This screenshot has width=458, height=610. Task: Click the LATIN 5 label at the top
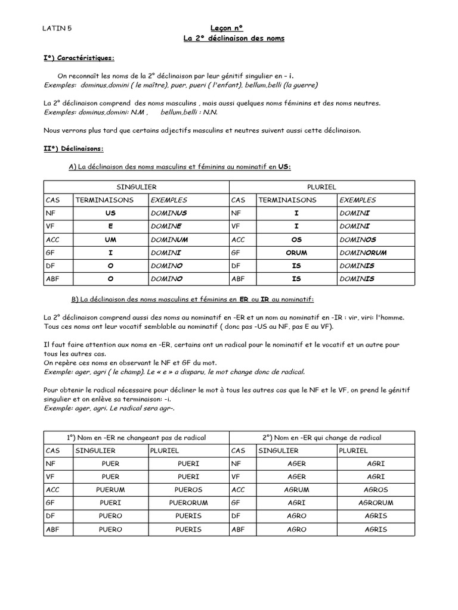(x=58, y=27)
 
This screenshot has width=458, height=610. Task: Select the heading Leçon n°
(x=227, y=27)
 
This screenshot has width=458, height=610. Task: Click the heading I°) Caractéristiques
(x=79, y=58)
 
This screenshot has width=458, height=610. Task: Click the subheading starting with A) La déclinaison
(x=180, y=167)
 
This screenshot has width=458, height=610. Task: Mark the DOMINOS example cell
(x=357, y=239)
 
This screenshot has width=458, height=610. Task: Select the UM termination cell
(x=110, y=239)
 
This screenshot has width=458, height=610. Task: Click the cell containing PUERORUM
(x=188, y=503)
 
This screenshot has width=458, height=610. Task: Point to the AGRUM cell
(x=296, y=490)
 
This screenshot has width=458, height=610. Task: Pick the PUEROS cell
(x=188, y=490)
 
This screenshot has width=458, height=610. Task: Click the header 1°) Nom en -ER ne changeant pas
(x=137, y=437)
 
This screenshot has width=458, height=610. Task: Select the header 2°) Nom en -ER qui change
(x=322, y=437)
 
